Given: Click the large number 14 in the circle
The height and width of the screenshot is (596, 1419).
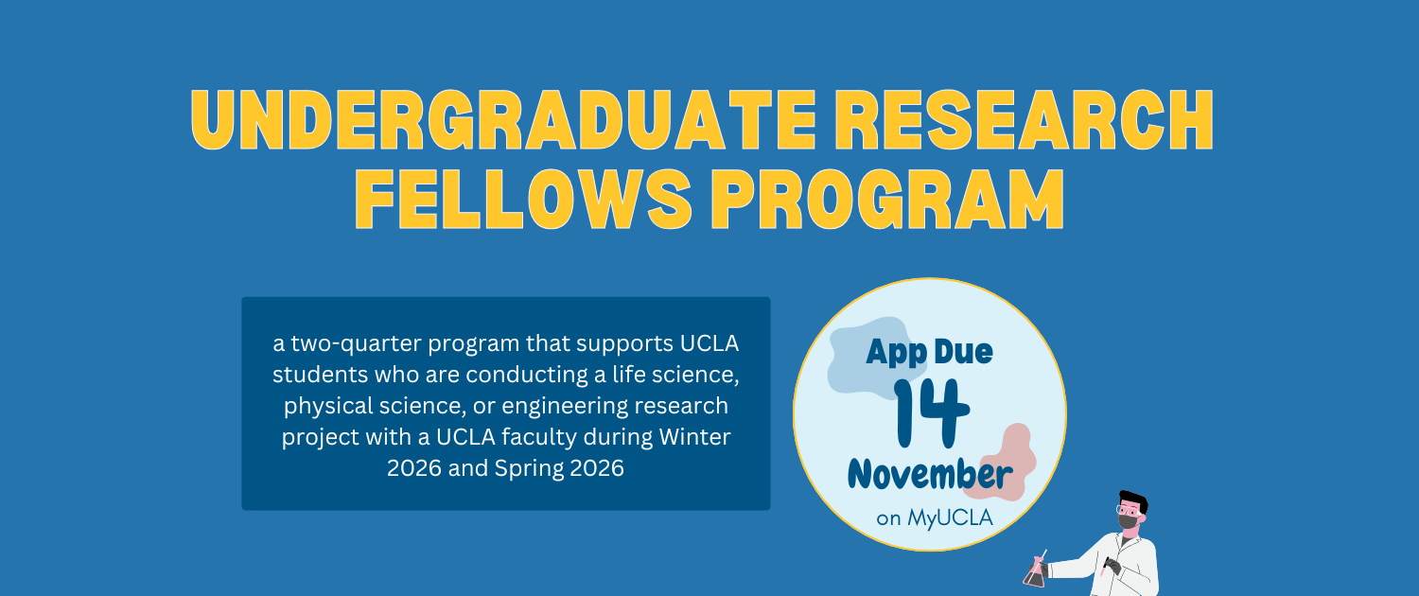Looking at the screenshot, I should [x=932, y=412].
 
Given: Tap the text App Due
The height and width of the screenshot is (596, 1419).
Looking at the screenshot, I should [x=930, y=353].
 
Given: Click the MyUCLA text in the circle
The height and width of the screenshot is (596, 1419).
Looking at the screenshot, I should [x=950, y=517].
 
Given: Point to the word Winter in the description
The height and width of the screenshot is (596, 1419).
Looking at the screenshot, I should [x=699, y=437].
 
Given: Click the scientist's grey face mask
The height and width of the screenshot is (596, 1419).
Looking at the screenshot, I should [x=1127, y=520].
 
